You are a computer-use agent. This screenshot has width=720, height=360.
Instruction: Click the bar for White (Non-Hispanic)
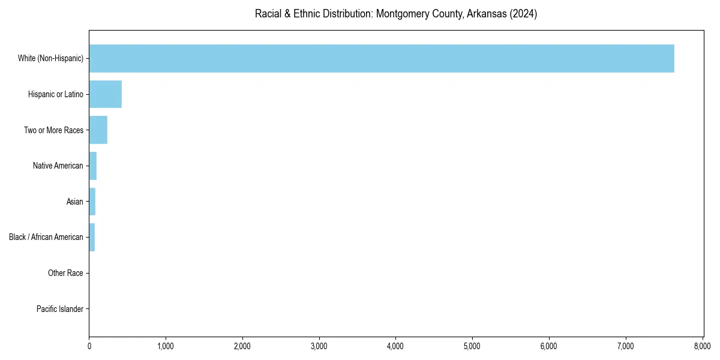382,58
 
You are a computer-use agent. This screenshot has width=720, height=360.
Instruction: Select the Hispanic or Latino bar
106,94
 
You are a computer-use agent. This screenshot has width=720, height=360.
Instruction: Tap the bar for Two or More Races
98,130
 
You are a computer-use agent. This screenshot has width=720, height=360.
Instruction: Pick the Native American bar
93,166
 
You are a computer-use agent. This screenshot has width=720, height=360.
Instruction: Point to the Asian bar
92,202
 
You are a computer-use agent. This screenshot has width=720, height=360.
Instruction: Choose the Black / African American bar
92,237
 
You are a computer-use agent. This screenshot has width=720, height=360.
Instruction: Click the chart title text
396,14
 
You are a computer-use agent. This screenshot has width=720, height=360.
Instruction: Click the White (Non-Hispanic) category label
50,58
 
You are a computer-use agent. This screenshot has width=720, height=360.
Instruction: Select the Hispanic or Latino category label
56,94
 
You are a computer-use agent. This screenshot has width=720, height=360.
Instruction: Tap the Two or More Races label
53,130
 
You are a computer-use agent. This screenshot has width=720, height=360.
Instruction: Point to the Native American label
58,166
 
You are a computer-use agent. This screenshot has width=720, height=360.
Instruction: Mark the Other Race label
65,273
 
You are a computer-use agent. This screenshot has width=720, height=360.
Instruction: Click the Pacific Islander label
60,309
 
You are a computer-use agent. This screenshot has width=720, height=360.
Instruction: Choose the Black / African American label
46,237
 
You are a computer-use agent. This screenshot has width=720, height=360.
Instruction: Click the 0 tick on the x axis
89,346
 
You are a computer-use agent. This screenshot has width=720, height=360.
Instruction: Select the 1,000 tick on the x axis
166,346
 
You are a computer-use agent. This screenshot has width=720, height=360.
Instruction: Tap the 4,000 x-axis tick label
396,346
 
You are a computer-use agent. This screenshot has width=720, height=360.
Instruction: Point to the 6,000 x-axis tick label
549,346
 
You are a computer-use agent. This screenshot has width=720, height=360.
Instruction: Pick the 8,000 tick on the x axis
702,346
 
